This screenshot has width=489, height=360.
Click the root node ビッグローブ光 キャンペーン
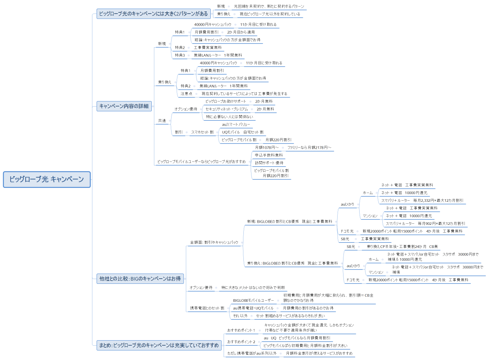[x=47, y=179]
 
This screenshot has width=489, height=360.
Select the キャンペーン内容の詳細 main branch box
[x=124, y=106]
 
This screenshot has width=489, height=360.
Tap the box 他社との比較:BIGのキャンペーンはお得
[x=140, y=279]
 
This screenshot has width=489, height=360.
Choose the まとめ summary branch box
[x=159, y=345]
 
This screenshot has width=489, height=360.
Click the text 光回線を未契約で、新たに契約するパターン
[x=269, y=7]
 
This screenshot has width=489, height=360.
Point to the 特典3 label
[x=180, y=55]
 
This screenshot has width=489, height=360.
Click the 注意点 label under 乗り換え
[x=186, y=94]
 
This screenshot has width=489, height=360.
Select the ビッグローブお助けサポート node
[x=226, y=101]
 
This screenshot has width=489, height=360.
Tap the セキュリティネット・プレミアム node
[x=227, y=109]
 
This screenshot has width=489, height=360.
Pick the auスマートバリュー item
[x=236, y=125]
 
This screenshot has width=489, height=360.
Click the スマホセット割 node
[x=202, y=132]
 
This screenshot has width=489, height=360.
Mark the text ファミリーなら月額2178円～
[x=309, y=148]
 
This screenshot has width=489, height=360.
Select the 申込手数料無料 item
[x=269, y=155]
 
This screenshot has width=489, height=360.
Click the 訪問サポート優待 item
[x=269, y=163]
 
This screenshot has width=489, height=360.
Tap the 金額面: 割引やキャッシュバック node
[x=214, y=242]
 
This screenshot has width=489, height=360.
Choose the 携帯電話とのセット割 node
[x=207, y=308]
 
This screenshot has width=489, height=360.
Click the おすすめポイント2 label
[x=241, y=342]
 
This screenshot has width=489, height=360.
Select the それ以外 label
[x=240, y=316]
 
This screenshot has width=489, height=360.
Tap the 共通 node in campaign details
[x=162, y=121]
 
